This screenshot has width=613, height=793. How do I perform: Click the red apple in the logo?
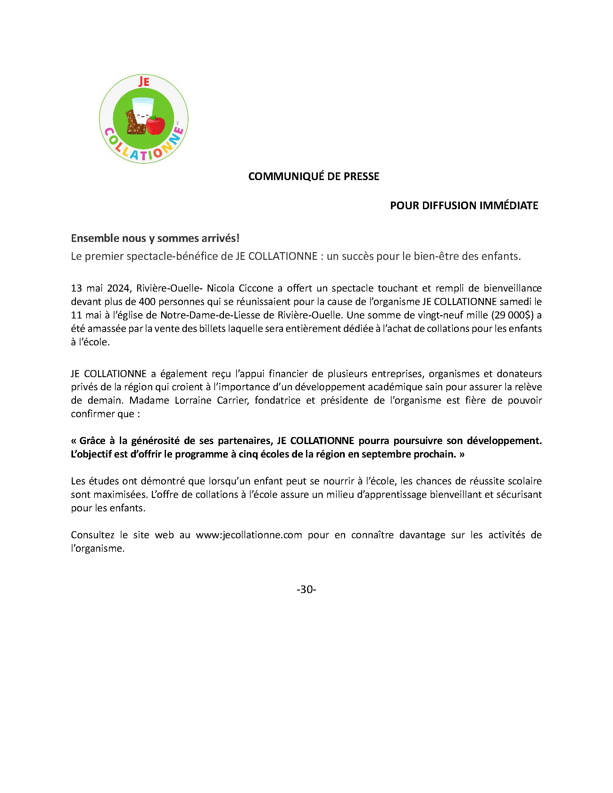click(155, 125)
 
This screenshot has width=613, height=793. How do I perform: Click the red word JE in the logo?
click(144, 82)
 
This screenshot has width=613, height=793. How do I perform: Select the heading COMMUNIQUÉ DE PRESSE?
click(314, 177)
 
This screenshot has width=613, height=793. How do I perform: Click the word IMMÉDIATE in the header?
click(509, 205)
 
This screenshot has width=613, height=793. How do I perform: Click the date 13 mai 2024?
click(100, 288)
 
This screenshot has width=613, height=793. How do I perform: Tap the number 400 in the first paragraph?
click(147, 302)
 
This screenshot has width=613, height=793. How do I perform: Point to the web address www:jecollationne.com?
click(249, 535)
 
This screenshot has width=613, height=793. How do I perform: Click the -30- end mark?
click(306, 589)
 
